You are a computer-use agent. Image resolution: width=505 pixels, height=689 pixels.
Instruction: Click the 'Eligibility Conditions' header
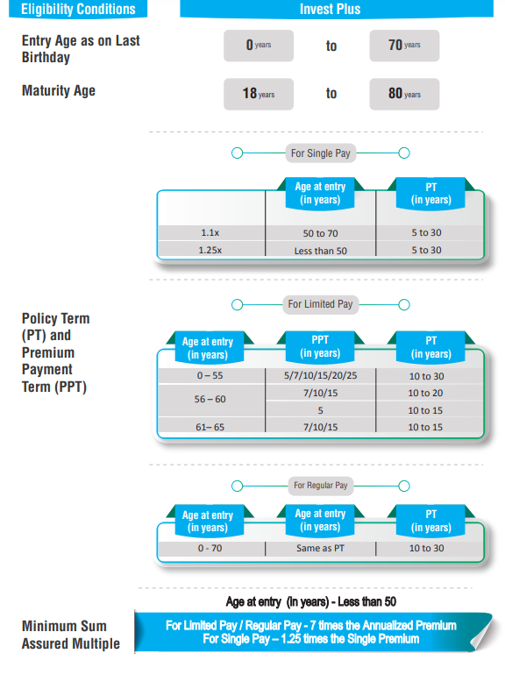click(78, 9)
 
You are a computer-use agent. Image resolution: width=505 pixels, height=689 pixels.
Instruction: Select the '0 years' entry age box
click(259, 46)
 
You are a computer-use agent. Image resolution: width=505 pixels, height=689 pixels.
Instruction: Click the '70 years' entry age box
click(404, 46)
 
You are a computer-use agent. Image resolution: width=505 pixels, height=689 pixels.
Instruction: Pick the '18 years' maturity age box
click(259, 94)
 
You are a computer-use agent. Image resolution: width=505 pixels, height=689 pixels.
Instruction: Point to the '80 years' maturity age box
click(404, 94)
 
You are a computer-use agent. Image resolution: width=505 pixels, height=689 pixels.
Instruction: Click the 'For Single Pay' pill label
click(320, 153)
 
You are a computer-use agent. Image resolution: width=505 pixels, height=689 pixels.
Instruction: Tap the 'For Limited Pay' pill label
click(320, 304)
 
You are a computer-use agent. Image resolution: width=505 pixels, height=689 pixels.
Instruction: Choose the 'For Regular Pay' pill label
click(320, 486)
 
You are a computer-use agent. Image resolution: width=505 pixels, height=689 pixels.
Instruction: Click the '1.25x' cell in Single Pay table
click(210, 250)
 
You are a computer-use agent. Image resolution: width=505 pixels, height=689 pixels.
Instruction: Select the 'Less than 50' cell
click(320, 251)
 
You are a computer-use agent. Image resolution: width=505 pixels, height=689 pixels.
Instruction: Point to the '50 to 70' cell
click(320, 233)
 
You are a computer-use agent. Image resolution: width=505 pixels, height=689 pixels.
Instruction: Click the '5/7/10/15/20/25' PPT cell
click(320, 375)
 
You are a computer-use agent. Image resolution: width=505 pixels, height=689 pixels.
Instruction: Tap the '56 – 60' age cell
click(210, 399)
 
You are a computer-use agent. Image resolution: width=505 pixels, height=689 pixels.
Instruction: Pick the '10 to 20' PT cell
click(425, 393)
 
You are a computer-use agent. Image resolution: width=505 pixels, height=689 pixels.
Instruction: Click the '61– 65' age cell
click(210, 427)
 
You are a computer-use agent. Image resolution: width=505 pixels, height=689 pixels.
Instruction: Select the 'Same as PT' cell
click(320, 548)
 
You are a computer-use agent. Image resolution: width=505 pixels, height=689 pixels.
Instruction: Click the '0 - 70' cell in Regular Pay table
click(210, 548)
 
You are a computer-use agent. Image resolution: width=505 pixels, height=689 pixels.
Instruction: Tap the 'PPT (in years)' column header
click(320, 347)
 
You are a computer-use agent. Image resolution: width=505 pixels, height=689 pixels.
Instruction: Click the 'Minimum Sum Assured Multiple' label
click(71, 635)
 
